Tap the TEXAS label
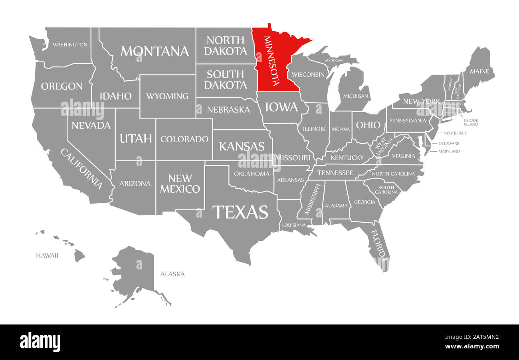(x=240, y=212)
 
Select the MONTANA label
(x=155, y=51)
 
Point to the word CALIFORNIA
(x=81, y=168)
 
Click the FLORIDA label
(x=378, y=244)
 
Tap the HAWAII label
(x=47, y=255)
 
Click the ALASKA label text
(x=172, y=274)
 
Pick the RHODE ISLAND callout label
(x=471, y=122)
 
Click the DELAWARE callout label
(x=449, y=143)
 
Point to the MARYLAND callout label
(x=449, y=151)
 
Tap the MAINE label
(x=479, y=71)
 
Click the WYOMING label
(x=167, y=96)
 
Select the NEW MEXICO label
(x=180, y=184)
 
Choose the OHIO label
(x=368, y=125)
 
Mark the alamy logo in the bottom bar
(x=40, y=342)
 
